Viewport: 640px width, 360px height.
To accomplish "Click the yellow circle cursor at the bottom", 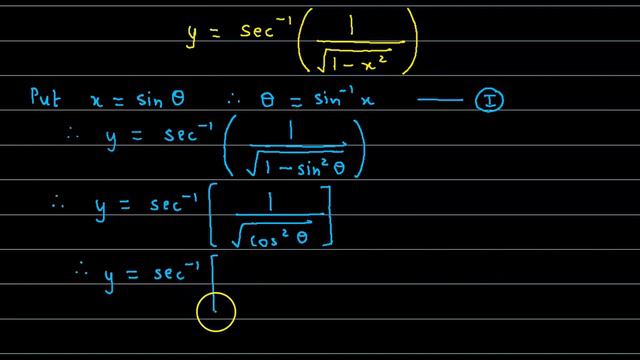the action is tap(216, 311).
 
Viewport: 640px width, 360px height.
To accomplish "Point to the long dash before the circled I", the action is tap(431, 99).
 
